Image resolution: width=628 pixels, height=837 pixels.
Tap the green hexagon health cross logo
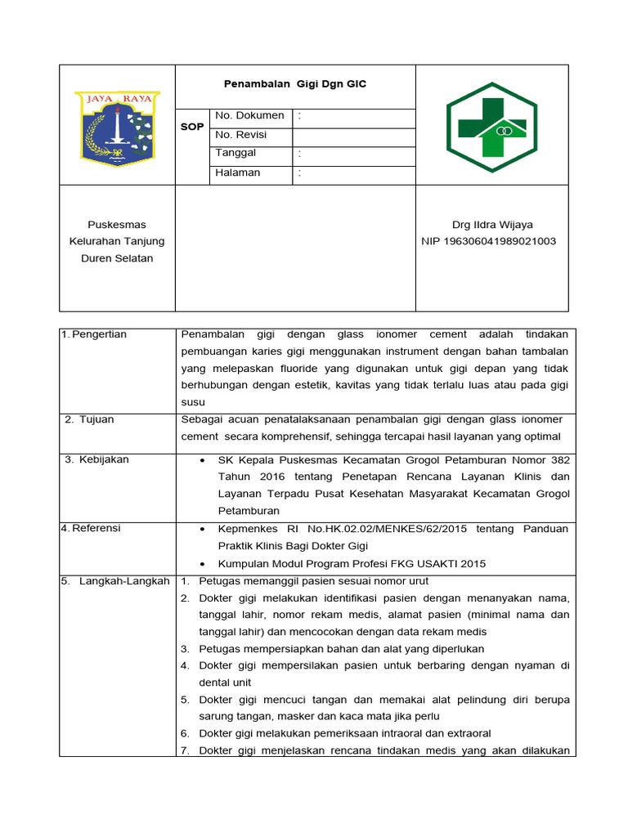(491, 127)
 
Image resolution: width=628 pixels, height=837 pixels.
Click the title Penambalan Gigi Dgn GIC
(296, 84)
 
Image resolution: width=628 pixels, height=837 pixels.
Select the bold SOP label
(192, 127)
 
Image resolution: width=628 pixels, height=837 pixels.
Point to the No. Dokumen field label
(249, 116)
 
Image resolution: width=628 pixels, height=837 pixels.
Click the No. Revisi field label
(241, 135)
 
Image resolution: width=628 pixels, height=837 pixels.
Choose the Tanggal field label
(235, 153)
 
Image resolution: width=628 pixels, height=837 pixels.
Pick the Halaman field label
(238, 172)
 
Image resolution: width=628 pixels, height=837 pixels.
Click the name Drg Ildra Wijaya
(492, 224)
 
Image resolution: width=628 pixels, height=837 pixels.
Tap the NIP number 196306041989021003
(489, 241)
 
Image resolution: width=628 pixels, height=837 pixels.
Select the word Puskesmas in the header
(117, 224)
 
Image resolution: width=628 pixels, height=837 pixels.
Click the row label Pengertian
(99, 334)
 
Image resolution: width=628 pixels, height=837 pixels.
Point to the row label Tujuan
(96, 419)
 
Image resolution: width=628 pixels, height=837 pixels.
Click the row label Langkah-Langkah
(124, 581)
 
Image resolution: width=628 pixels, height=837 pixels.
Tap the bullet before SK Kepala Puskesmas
(202, 460)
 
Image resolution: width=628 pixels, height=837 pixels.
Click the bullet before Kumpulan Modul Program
(202, 564)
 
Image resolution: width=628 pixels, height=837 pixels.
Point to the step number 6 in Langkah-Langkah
(185, 733)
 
